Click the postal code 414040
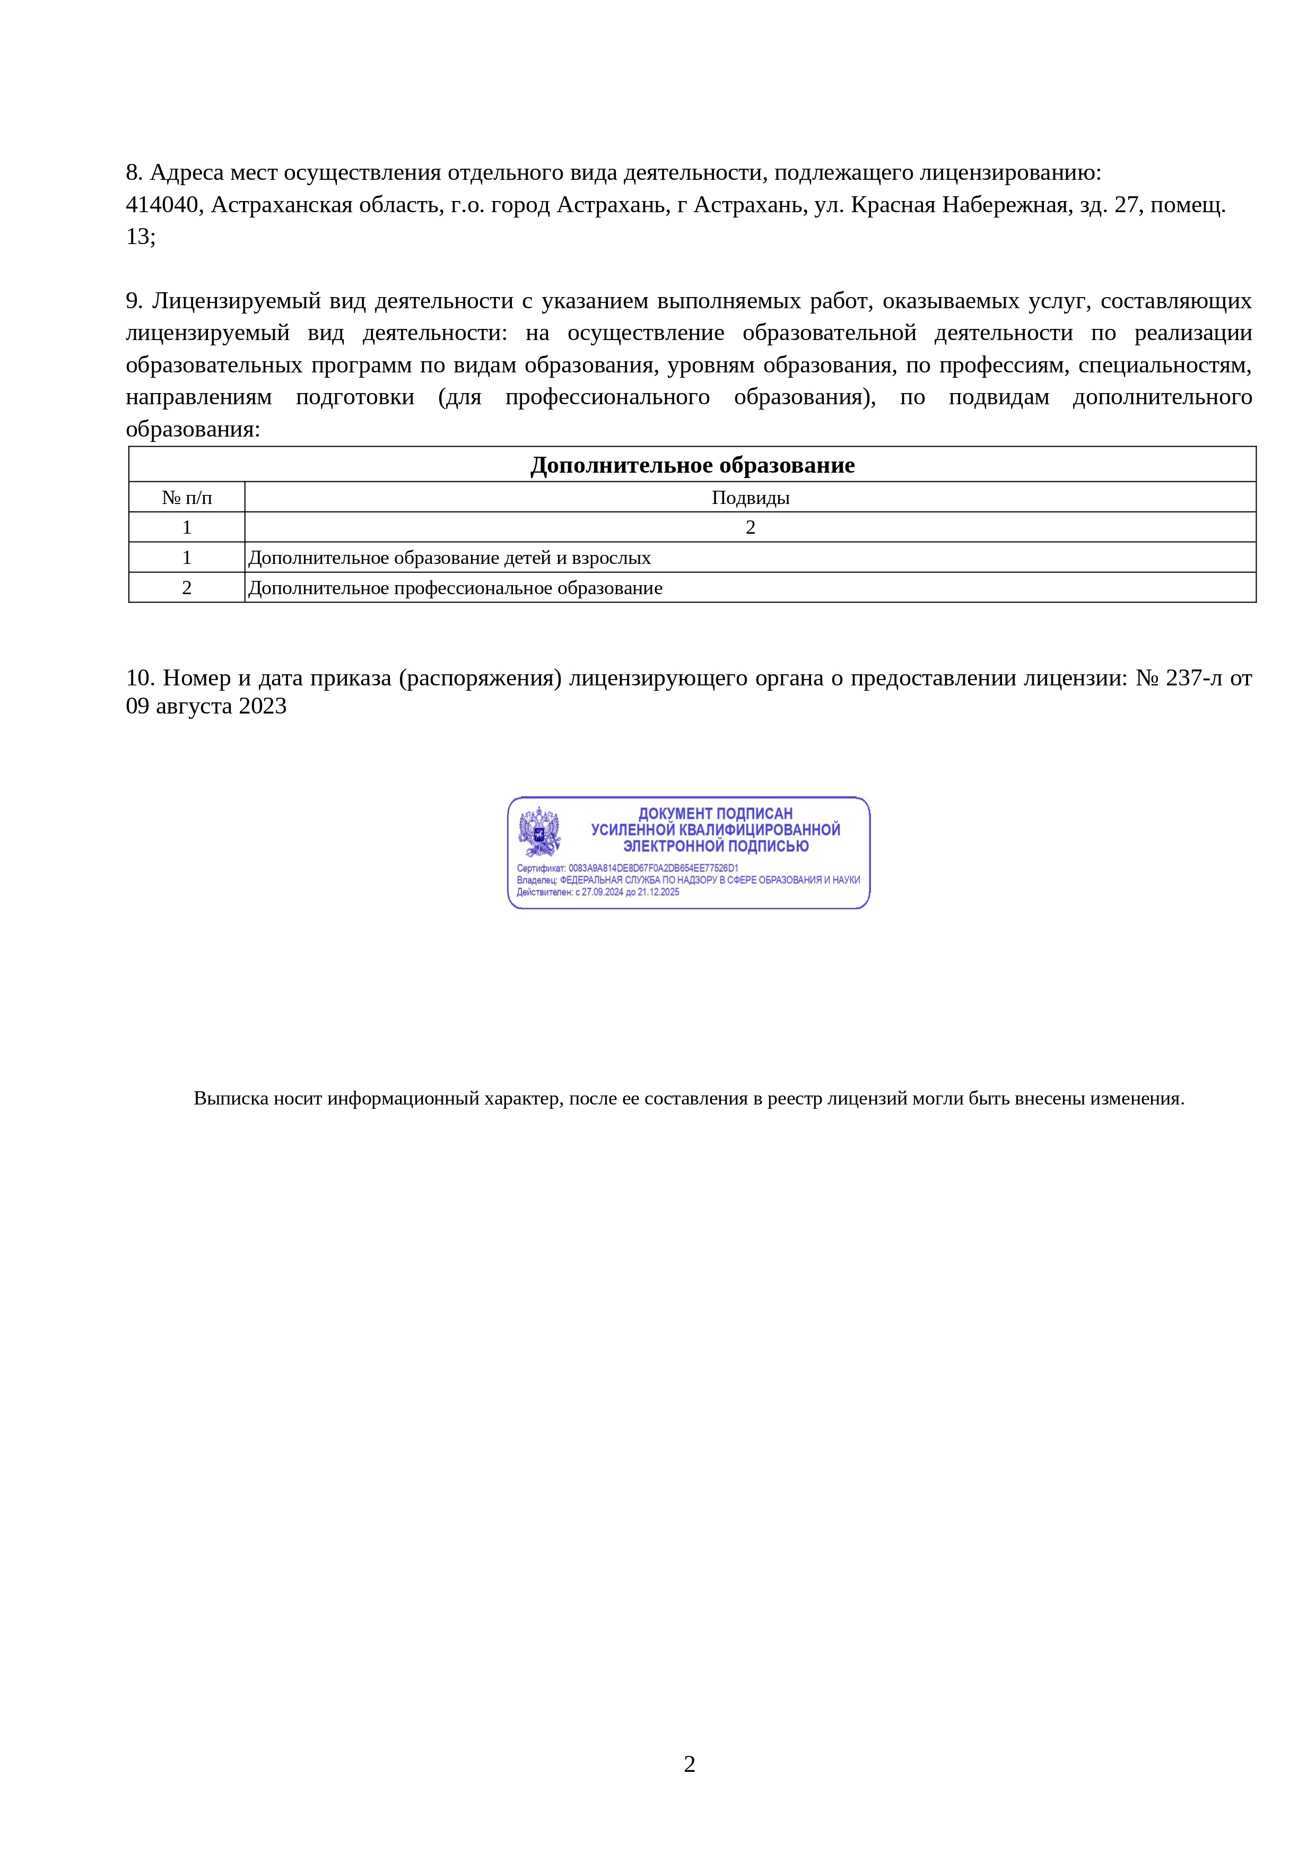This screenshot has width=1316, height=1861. tap(162, 205)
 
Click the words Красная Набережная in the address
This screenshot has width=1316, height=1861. tap(960, 205)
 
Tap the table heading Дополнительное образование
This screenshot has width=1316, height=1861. tap(692, 465)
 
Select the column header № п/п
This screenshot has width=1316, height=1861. tap(186, 498)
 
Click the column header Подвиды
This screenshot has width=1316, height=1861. tap(751, 498)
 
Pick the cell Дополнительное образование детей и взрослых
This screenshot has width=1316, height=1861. tap(450, 558)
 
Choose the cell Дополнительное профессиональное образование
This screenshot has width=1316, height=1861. tap(456, 588)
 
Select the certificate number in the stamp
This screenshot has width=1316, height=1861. tap(653, 868)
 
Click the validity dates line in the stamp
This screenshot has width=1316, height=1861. tap(598, 892)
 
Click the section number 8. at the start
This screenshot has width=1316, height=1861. tap(134, 172)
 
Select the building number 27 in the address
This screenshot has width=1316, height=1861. tap(1127, 205)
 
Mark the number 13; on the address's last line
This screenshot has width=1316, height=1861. tap(140, 237)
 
